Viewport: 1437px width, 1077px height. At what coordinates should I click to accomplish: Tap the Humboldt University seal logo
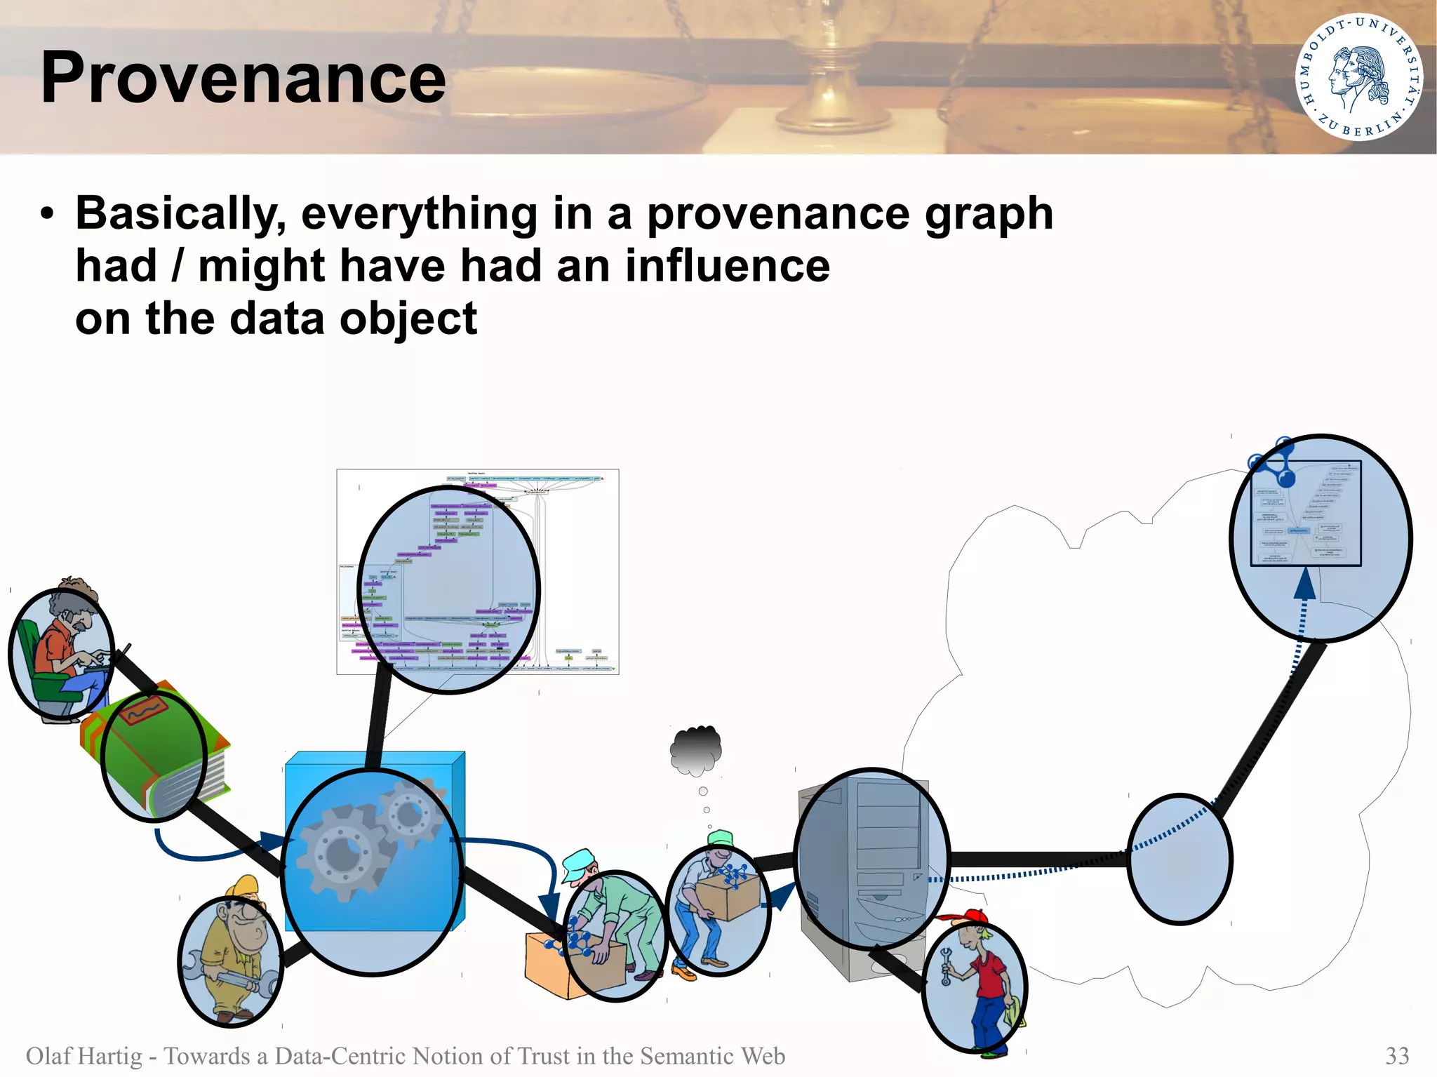click(1358, 76)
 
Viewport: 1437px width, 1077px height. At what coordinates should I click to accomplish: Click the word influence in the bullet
click(727, 266)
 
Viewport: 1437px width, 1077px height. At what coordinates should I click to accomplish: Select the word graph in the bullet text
click(989, 213)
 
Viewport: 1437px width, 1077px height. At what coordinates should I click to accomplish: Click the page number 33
click(1396, 1055)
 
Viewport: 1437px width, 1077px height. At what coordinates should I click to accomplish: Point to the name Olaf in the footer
click(48, 1055)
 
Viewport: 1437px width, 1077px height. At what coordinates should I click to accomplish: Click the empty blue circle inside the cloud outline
click(1179, 859)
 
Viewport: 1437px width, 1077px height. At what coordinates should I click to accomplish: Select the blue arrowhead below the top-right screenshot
click(1304, 584)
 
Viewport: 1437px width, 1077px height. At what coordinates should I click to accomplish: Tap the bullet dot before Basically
click(47, 214)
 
